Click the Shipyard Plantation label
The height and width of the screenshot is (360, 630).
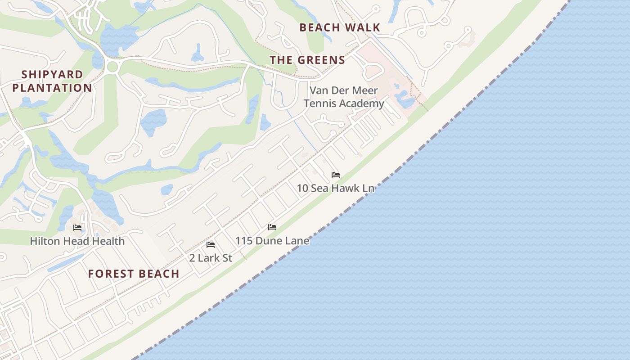point(52,81)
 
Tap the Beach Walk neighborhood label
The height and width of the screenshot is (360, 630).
point(340,27)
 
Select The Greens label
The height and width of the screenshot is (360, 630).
point(307,60)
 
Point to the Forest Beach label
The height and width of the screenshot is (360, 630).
point(134,274)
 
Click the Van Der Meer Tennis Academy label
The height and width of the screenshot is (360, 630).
point(344,97)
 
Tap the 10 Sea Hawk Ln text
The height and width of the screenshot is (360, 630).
point(335,188)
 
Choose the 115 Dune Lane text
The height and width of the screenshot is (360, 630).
point(272,241)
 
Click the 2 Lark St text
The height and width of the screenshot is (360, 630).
point(211,258)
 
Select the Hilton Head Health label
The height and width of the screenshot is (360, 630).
point(77,241)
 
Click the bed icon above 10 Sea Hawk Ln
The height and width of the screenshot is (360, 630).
point(336,175)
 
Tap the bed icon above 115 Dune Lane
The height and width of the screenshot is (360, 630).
point(272,227)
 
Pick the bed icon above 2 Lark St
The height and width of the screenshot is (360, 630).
point(211,245)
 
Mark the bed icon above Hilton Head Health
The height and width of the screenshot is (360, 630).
point(77,228)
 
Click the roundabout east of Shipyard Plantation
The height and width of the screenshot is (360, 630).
point(112,67)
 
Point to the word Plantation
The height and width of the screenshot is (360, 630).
point(52,88)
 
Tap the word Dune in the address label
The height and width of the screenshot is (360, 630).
point(265,241)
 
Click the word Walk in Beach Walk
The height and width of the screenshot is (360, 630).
point(362,27)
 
